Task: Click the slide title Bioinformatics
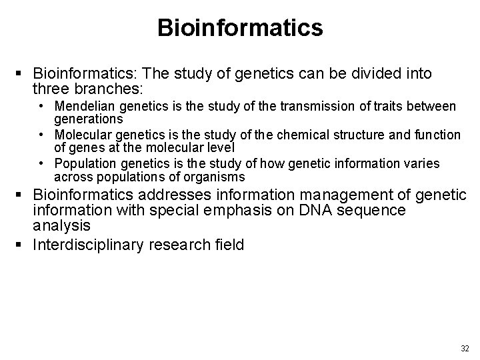pyautogui.click(x=240, y=28)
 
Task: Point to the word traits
pyautogui.click(x=353, y=106)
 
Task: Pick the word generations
pyautogui.click(x=89, y=119)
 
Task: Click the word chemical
pyautogui.click(x=304, y=135)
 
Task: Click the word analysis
pyautogui.click(x=61, y=226)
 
